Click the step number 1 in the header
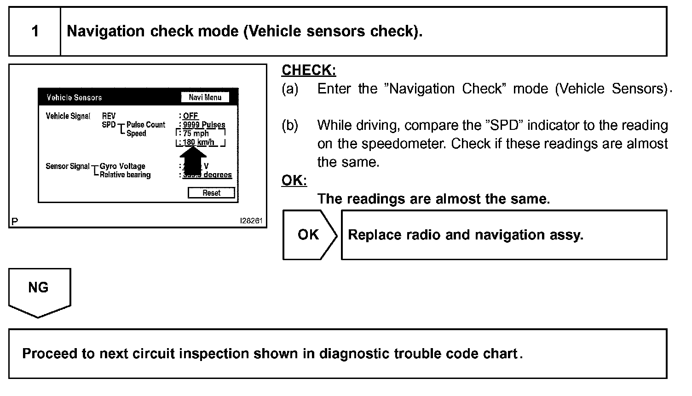point(35,31)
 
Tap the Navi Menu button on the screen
point(205,97)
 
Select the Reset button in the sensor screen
point(211,193)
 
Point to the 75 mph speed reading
point(196,134)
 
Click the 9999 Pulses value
point(204,125)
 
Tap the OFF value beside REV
point(190,116)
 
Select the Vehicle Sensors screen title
point(74,98)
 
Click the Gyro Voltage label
point(122,166)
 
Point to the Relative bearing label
point(125,175)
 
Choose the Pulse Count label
point(146,125)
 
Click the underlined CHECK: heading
point(309,70)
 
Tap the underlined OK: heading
point(294,181)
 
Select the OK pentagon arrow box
point(309,235)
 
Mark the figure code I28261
point(251,221)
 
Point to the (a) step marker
point(290,89)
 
